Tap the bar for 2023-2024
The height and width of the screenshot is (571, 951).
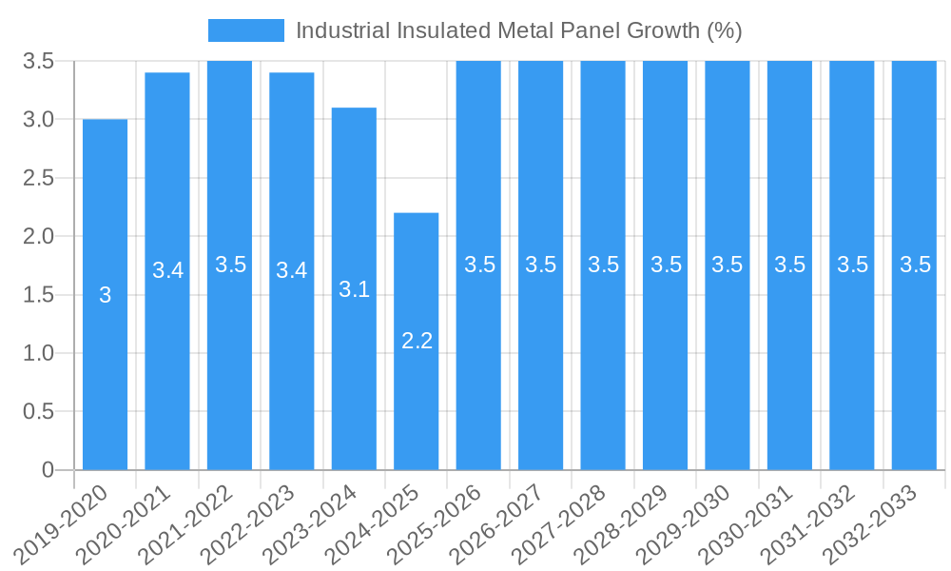click(354, 381)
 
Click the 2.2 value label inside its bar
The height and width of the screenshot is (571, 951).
click(417, 341)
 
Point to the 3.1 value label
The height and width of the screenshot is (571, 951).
click(354, 289)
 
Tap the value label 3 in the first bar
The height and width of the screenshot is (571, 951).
click(105, 295)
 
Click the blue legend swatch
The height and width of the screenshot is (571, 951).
click(245, 30)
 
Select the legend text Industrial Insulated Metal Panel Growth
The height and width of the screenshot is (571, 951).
click(518, 30)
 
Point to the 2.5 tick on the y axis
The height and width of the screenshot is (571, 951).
click(38, 178)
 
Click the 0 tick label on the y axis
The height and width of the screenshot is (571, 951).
click(49, 470)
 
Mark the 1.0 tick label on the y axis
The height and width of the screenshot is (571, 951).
click(38, 353)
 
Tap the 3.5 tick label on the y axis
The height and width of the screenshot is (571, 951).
click(38, 61)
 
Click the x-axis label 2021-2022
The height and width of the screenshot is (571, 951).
click(189, 523)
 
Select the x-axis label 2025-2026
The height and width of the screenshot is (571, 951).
click(438, 523)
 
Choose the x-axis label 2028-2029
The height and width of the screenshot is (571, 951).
click(625, 523)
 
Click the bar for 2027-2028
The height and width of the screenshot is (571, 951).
click(603, 381)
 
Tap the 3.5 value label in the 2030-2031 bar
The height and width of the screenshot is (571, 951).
click(789, 265)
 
